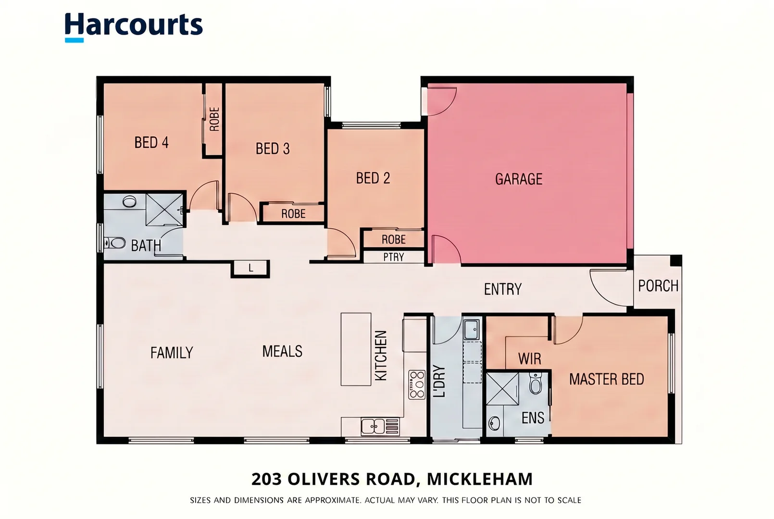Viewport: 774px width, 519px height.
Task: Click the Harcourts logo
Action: coord(133,27)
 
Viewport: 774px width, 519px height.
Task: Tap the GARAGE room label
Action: coord(519,179)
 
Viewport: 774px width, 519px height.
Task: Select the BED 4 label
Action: coord(151,142)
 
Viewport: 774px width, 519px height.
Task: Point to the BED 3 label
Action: coord(273,148)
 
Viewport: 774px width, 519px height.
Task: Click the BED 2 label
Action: coord(373,178)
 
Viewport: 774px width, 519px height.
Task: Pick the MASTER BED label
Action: coord(606,379)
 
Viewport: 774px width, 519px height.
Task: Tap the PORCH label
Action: coord(658,286)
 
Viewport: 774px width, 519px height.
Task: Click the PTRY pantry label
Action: coord(394,257)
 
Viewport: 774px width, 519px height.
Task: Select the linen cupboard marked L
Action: coord(250,269)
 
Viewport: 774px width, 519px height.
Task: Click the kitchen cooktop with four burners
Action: coord(417,384)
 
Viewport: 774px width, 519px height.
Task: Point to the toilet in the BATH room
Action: coord(115,243)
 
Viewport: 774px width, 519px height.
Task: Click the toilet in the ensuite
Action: coord(535,383)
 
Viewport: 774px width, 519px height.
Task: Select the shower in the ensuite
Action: coord(502,388)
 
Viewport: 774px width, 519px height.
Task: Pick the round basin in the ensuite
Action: coord(494,423)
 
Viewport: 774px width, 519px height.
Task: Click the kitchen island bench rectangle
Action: coord(356,349)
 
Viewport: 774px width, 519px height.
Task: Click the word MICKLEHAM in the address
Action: coord(480,479)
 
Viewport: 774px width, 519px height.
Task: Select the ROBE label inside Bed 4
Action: coord(214,119)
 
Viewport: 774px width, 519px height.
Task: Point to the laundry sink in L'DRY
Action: coord(472,330)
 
